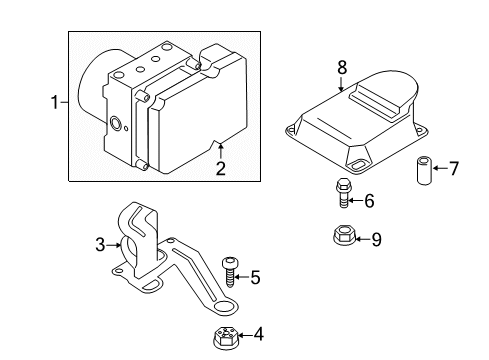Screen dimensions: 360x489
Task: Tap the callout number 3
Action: (99, 243)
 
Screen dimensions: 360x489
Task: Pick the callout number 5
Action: (255, 278)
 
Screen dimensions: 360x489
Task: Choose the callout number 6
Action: (370, 201)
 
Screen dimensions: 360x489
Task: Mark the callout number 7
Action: (454, 168)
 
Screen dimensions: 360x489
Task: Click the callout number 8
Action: (341, 68)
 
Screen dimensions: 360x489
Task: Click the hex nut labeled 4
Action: (222, 335)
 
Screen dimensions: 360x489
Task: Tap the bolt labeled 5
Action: (231, 271)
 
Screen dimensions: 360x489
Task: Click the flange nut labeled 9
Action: (341, 238)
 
